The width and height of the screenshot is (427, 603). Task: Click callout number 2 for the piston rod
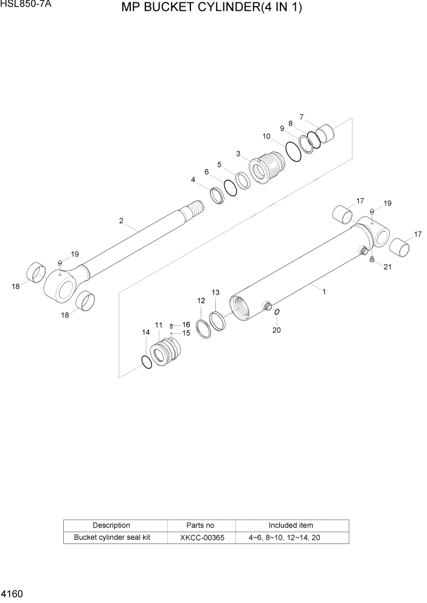(x=122, y=221)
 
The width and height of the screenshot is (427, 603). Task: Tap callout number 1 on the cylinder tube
(x=324, y=292)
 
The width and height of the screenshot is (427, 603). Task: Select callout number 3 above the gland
(x=238, y=153)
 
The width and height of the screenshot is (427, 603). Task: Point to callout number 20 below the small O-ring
(x=277, y=330)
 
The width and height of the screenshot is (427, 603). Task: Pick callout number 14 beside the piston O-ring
(x=145, y=333)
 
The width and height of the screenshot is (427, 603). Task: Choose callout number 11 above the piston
(x=159, y=326)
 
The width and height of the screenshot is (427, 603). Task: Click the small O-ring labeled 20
(x=277, y=312)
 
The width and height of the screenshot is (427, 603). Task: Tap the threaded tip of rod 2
(x=196, y=210)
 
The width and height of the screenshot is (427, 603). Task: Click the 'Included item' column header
(x=291, y=525)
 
